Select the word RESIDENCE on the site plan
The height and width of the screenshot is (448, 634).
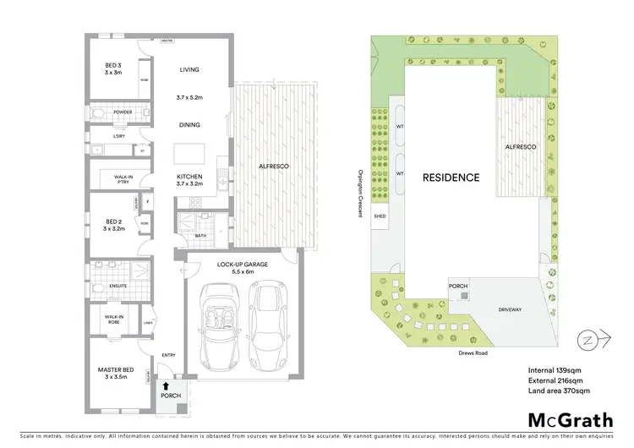(451, 178)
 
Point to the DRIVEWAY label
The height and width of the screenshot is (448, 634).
(510, 309)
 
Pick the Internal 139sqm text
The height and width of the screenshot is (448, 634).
(555, 369)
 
